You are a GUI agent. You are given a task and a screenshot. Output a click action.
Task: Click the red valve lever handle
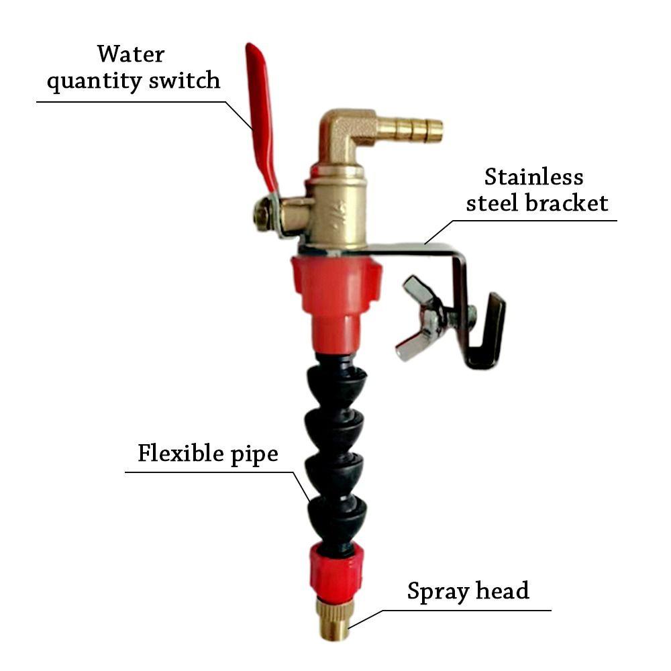pos(262,114)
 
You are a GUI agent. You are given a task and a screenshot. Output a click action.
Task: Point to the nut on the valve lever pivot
pos(264,215)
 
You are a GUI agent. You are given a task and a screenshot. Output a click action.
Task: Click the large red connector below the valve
pos(335,289)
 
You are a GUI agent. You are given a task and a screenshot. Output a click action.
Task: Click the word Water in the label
pos(130,54)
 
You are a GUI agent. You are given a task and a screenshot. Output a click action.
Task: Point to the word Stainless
pos(533,177)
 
